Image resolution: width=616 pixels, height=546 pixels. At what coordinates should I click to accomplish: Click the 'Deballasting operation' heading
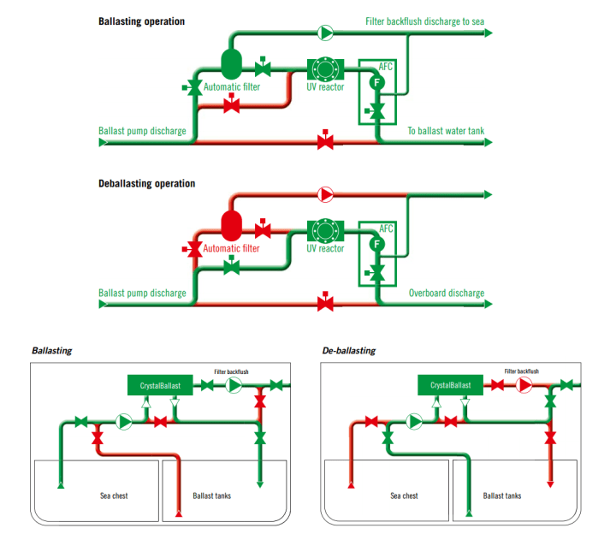click(146, 183)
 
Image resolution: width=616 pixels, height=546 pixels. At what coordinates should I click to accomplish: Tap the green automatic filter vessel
click(232, 62)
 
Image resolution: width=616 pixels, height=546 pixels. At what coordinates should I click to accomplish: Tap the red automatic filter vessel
click(232, 225)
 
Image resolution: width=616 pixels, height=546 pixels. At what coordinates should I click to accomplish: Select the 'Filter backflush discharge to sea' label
click(424, 21)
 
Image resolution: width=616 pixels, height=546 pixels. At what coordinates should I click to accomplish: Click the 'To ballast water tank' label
click(445, 131)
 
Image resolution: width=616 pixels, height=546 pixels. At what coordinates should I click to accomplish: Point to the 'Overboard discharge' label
click(446, 294)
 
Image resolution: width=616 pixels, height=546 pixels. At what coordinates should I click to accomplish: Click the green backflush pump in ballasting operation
click(325, 33)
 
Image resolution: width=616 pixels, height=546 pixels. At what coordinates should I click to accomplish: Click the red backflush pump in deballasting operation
click(325, 194)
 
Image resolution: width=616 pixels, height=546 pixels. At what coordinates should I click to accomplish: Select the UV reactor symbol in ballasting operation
click(325, 68)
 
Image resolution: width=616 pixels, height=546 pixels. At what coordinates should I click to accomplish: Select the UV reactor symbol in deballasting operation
click(325, 230)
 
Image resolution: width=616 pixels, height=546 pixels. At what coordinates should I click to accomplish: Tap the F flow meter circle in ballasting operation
click(376, 82)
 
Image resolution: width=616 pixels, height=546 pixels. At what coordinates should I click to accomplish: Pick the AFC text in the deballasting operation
click(386, 228)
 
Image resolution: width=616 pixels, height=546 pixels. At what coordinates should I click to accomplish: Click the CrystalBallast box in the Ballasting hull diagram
click(160, 386)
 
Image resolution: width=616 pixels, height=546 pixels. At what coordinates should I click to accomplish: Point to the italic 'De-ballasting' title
click(348, 351)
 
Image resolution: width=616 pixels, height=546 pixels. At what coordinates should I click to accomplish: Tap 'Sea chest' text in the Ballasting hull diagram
click(113, 496)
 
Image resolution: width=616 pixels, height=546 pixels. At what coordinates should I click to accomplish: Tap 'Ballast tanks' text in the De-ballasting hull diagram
click(502, 496)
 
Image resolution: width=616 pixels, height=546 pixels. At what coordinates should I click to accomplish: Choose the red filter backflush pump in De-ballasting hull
click(524, 386)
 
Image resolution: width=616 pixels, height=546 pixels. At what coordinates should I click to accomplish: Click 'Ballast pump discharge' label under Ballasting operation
click(142, 131)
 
